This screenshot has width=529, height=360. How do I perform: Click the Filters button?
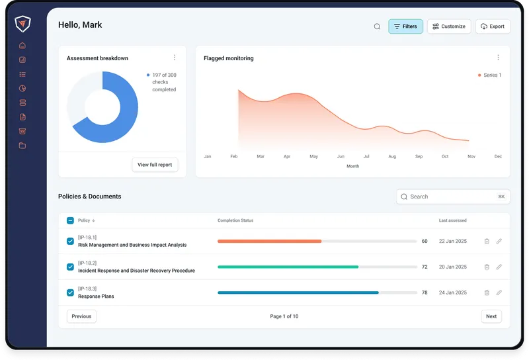405,26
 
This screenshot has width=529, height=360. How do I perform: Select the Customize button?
449,26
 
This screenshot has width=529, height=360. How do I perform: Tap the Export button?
493,26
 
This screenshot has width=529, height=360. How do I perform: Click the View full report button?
155,164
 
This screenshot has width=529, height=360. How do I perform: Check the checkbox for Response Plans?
71,292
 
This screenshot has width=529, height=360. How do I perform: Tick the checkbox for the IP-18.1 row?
71,242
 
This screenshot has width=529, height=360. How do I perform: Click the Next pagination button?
491,316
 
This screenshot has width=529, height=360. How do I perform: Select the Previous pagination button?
81,316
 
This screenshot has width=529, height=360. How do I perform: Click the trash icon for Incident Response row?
487,267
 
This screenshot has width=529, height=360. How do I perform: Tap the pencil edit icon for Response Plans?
499,292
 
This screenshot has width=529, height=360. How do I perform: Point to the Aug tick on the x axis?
392,157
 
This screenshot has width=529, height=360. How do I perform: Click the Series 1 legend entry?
489,75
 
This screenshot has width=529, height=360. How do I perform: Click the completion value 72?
425,267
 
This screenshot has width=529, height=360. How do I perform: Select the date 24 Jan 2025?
453,292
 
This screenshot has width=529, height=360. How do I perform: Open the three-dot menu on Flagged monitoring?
498,58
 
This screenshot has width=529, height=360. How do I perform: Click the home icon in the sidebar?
22,46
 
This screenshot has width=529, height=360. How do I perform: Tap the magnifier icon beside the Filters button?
377,26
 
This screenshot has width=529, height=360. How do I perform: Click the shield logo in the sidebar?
23,23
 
